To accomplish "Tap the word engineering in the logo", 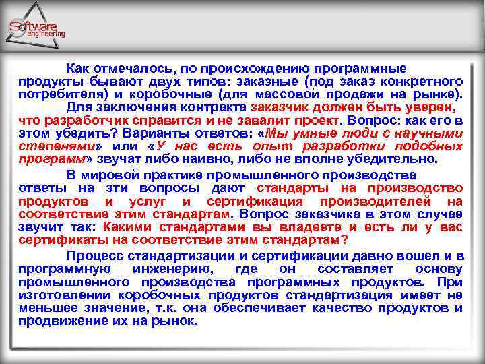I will click(x=46, y=34).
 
